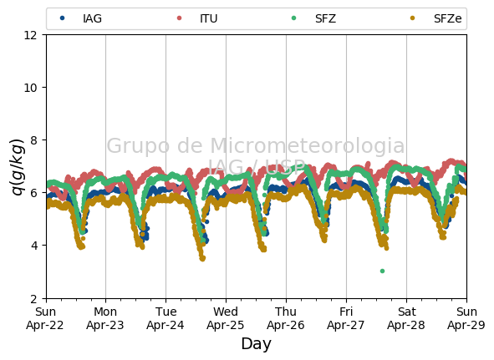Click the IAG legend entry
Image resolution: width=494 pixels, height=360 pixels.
tap(80, 18)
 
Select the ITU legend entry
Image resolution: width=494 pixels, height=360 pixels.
tap(197, 18)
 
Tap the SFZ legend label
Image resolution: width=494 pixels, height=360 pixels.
tap(325, 18)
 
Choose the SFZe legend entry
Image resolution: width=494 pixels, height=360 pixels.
tap(435, 18)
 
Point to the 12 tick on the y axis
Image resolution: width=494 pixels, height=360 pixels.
tap(30, 35)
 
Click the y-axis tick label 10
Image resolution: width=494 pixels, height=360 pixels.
tap(30, 88)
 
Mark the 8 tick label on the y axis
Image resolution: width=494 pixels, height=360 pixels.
tap(33, 140)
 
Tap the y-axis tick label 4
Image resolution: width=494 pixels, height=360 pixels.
tap(33, 246)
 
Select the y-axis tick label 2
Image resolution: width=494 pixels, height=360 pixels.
tap(33, 298)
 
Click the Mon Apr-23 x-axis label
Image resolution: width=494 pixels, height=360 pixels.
tap(105, 318)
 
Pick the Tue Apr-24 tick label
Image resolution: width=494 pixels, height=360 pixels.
tap(166, 318)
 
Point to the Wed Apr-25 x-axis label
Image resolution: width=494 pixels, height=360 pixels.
tap(226, 318)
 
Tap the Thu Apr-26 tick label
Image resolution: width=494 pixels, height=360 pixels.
tap(286, 318)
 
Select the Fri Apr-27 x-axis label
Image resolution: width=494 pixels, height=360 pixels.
tap(346, 318)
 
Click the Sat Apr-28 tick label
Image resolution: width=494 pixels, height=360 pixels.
tap(406, 318)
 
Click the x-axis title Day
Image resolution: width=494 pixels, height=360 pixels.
tap(256, 343)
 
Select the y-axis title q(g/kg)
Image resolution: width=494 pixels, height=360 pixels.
tap(18, 166)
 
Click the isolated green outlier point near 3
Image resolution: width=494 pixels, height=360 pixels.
tap(383, 271)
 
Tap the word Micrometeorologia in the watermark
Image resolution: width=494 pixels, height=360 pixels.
tap(307, 145)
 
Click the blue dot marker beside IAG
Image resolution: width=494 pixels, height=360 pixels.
tap(63, 18)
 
